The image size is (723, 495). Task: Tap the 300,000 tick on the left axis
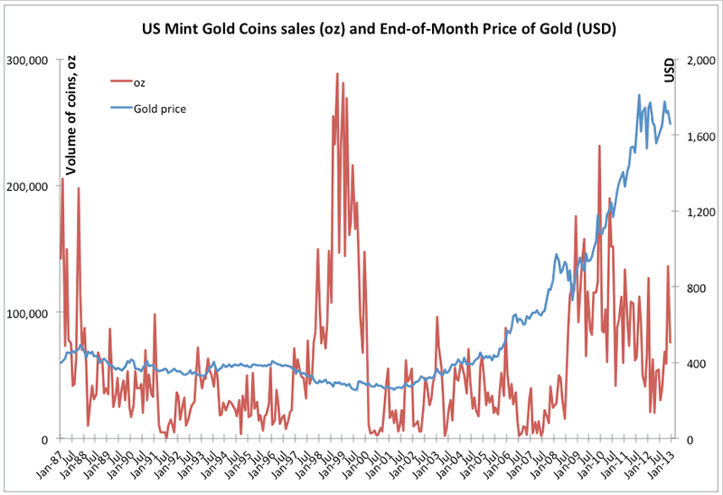coord(29,61)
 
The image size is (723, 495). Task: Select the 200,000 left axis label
coord(29,186)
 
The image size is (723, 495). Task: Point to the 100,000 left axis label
coord(29,313)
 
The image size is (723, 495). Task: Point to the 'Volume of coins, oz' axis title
coord(70,113)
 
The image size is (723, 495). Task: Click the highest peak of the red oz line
coord(337,74)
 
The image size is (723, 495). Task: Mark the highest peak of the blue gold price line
coord(639,95)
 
